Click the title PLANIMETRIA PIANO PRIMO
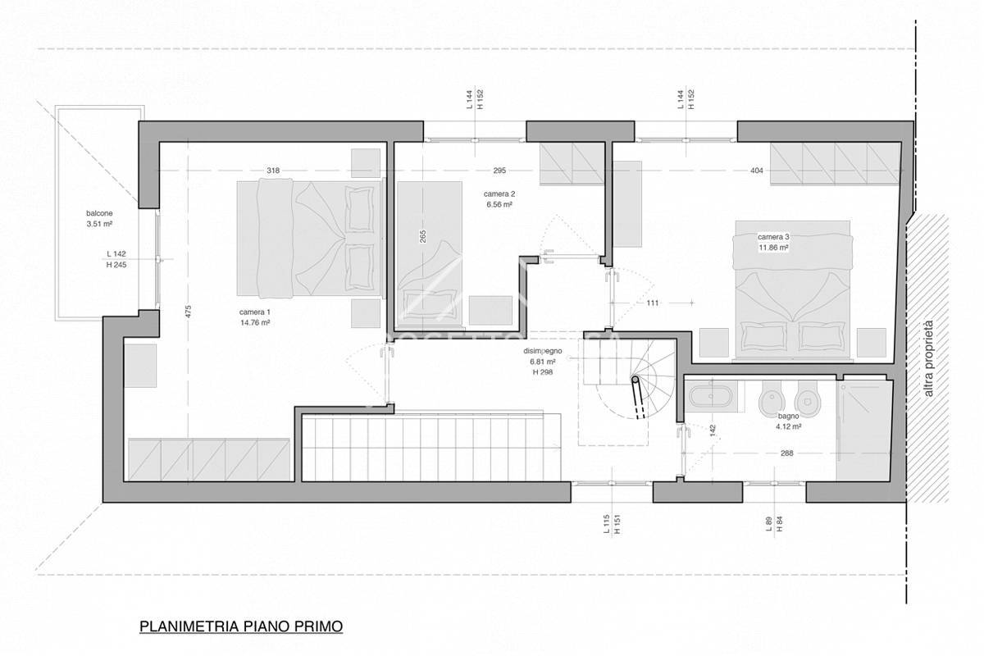coord(241,627)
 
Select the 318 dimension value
coord(273,171)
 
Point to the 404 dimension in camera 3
coord(757,171)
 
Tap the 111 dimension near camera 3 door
coord(653,303)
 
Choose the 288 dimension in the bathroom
coord(786,453)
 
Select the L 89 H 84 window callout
coord(773,525)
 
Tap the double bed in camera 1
coord(310,238)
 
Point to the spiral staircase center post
coord(635,380)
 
